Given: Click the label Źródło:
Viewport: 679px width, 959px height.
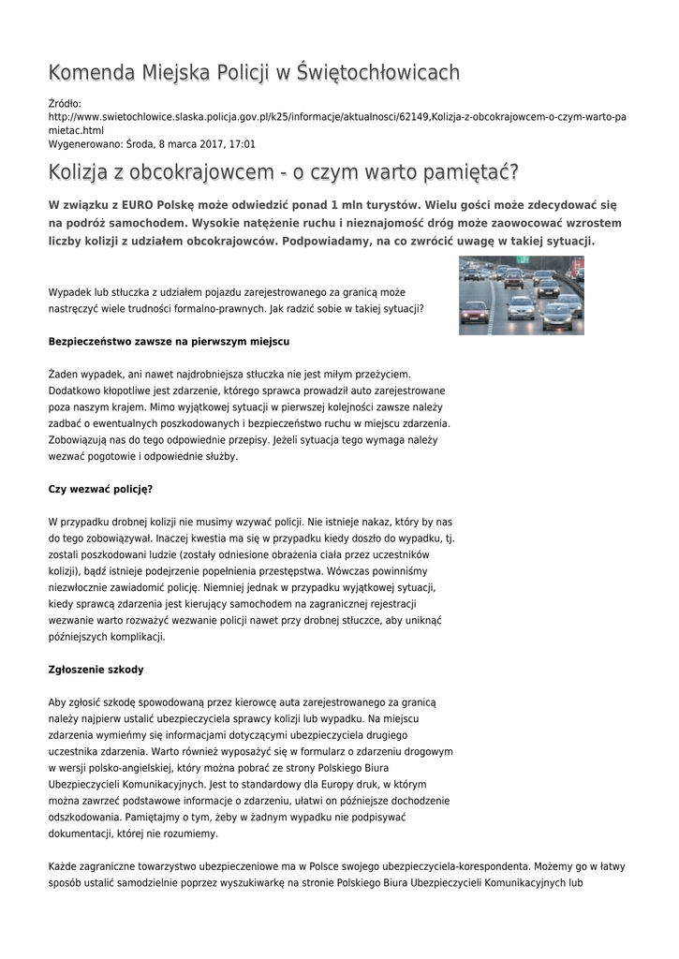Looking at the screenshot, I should pos(65,103).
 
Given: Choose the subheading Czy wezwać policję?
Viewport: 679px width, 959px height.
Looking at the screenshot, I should pos(100,489).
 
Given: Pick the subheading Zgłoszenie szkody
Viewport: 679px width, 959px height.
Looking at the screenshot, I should pos(96,670).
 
